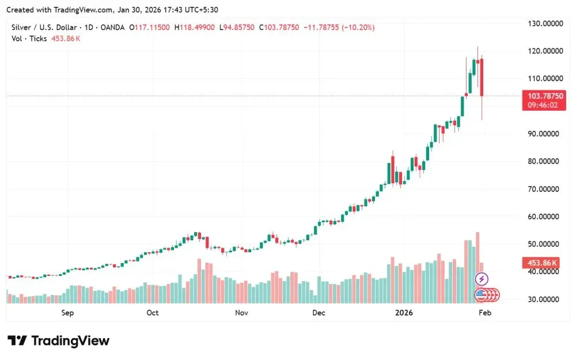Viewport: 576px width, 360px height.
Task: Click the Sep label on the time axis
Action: pos(67,313)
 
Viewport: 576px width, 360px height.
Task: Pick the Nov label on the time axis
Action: pos(241,313)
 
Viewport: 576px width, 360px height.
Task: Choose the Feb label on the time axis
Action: pos(485,313)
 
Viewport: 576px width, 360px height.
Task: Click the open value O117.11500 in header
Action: pos(150,27)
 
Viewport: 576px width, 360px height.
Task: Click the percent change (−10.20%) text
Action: pos(359,27)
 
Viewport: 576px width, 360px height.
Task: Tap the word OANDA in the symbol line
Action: pos(112,27)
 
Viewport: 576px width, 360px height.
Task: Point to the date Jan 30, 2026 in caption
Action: pos(145,10)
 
